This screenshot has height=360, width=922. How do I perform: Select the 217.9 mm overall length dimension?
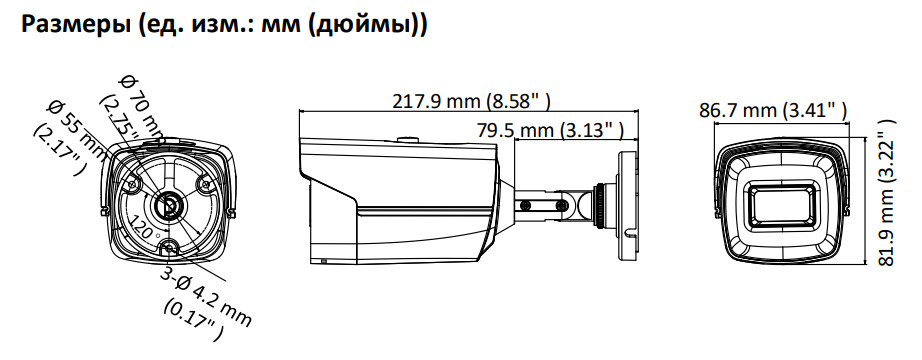click(x=472, y=101)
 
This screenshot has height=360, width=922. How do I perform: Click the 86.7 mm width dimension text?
click(x=773, y=109)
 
